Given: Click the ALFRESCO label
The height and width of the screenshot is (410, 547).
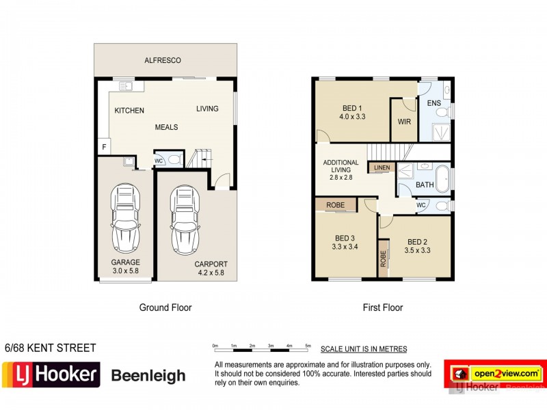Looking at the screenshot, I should coord(163,61).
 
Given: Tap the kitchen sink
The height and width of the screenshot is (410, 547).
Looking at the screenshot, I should coord(125,86).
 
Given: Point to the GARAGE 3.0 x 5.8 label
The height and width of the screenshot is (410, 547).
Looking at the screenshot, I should coord(126,266).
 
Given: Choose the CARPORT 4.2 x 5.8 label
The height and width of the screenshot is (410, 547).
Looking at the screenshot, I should coord(210,269).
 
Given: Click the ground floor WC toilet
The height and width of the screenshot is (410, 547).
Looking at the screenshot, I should coord(174,160).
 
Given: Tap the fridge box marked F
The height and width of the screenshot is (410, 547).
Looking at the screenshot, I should coord(103,146).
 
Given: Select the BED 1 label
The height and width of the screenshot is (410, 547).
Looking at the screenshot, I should coord(353,112).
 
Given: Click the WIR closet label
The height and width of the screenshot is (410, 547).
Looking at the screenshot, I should coord(403,123).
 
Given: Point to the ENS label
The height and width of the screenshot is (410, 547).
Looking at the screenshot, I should coord(433,104).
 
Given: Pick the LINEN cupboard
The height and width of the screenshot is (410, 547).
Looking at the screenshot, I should coord(382,167).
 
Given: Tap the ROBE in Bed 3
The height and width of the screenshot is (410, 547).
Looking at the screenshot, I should coord(335,204).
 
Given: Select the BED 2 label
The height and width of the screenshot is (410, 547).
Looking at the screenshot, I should coord(417,246).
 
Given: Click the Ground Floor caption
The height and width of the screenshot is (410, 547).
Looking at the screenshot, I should coord(165,307).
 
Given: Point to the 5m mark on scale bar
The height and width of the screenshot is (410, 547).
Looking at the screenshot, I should coord(308,346).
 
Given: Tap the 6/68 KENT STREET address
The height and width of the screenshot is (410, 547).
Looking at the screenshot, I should coord(51,348).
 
